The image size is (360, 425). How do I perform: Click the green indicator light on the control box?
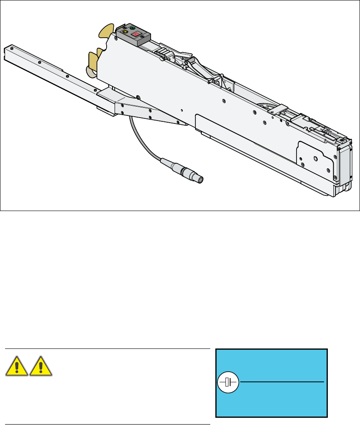pos(132,28)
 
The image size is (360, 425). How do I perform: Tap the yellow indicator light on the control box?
pos(125,32)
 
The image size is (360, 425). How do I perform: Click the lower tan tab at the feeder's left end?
pos(93,59)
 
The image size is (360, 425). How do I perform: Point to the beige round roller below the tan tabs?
pos(91,72)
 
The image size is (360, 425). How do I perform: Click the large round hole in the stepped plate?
pos(315,159)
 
